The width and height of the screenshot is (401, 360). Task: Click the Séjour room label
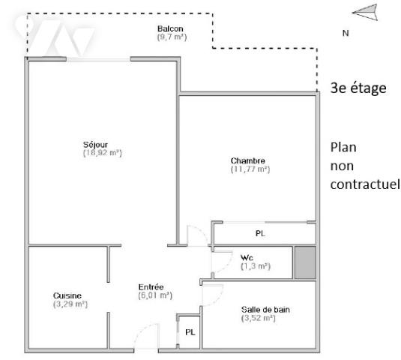coord(94,144)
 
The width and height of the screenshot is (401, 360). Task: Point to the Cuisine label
coord(67,295)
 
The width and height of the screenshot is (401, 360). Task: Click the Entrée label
coord(151,286)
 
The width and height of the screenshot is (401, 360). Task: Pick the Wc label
coord(246,257)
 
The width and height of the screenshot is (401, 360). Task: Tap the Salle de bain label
coord(265,310)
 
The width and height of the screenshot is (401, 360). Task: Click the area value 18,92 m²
coord(103,152)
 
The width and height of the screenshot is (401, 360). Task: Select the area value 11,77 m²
coord(250,169)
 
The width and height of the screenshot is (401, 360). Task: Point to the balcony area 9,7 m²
coord(171,37)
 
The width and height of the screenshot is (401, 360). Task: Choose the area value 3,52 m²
coord(259,318)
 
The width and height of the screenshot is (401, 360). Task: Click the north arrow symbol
coord(364,11)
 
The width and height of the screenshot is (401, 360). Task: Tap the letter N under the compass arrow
coord(346,33)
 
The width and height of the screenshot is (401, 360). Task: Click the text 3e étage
coord(358,88)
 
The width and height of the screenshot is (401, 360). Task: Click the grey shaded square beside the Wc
coord(304,262)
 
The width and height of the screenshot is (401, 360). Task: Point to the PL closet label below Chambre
coord(260,234)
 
